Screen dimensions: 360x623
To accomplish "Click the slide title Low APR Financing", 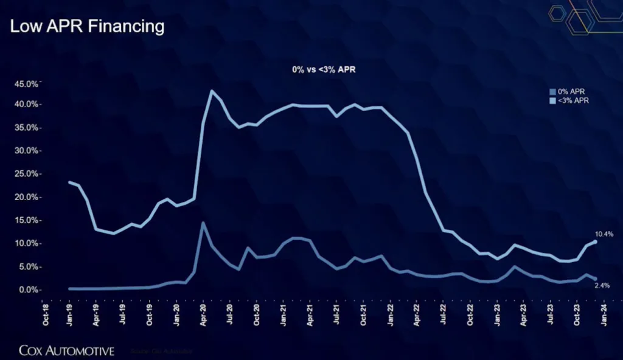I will pos(87,26).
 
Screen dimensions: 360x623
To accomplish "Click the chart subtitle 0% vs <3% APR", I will pos(323,70).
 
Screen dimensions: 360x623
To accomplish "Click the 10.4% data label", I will pos(605,234).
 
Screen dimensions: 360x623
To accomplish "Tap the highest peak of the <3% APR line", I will pos(212,91).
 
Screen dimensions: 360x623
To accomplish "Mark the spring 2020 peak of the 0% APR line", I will pos(203,223).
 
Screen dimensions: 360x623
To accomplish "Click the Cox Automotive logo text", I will pos(66,350).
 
